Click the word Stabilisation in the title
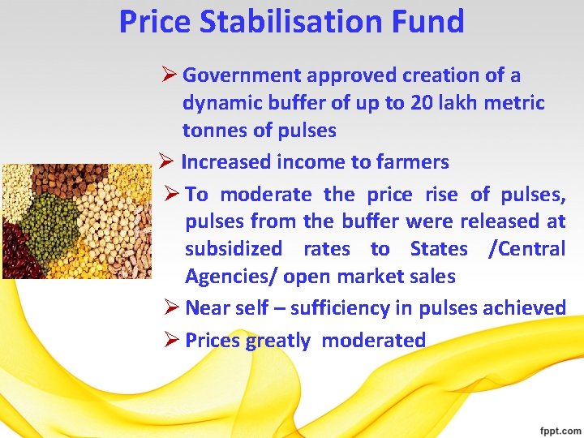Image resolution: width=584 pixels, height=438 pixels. pos(302,22)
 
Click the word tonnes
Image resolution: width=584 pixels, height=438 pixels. pos(215,131)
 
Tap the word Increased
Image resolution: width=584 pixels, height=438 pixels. pos(226,162)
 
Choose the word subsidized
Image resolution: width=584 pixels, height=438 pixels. pos(234,249)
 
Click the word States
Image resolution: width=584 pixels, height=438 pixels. pos(439,249)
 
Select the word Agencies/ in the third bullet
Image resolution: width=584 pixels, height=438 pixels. pos(232,277)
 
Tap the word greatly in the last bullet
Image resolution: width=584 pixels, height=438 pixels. pos(277,341)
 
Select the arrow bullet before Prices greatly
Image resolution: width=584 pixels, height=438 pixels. pos(171,341)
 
